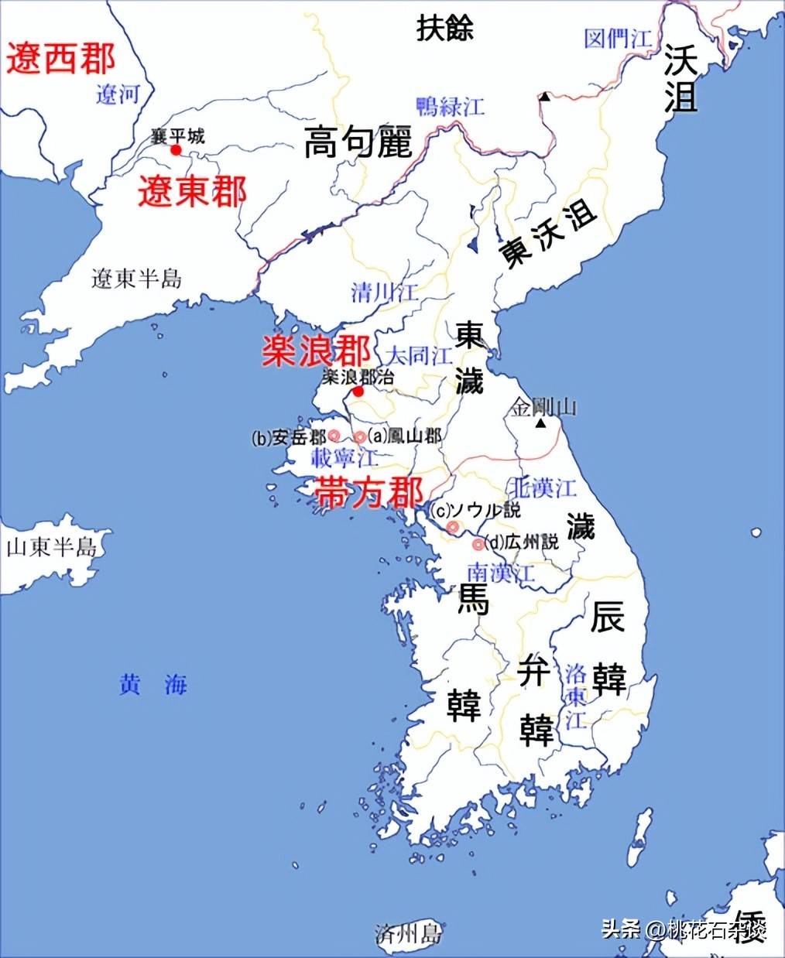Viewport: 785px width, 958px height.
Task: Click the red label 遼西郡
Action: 61,59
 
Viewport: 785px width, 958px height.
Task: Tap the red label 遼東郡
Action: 192,191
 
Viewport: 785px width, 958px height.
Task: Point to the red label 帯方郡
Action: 369,492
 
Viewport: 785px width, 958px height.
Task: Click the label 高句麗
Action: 358,142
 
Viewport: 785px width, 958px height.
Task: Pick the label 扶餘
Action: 444,28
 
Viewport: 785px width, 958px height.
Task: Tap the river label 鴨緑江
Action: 450,106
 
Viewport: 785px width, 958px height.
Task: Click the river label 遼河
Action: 118,94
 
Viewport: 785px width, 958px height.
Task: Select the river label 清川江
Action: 384,293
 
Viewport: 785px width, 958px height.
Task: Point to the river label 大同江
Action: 420,356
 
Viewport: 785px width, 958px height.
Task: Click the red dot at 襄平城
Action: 177,149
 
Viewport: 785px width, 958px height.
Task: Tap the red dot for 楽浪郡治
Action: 358,392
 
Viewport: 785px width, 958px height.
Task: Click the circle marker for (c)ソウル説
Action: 453,527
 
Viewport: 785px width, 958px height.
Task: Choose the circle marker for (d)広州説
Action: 478,544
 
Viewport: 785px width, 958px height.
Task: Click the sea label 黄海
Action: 153,685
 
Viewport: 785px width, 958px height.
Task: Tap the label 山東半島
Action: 52,548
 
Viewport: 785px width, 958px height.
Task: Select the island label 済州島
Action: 407,933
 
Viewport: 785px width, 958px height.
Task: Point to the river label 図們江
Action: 617,39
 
